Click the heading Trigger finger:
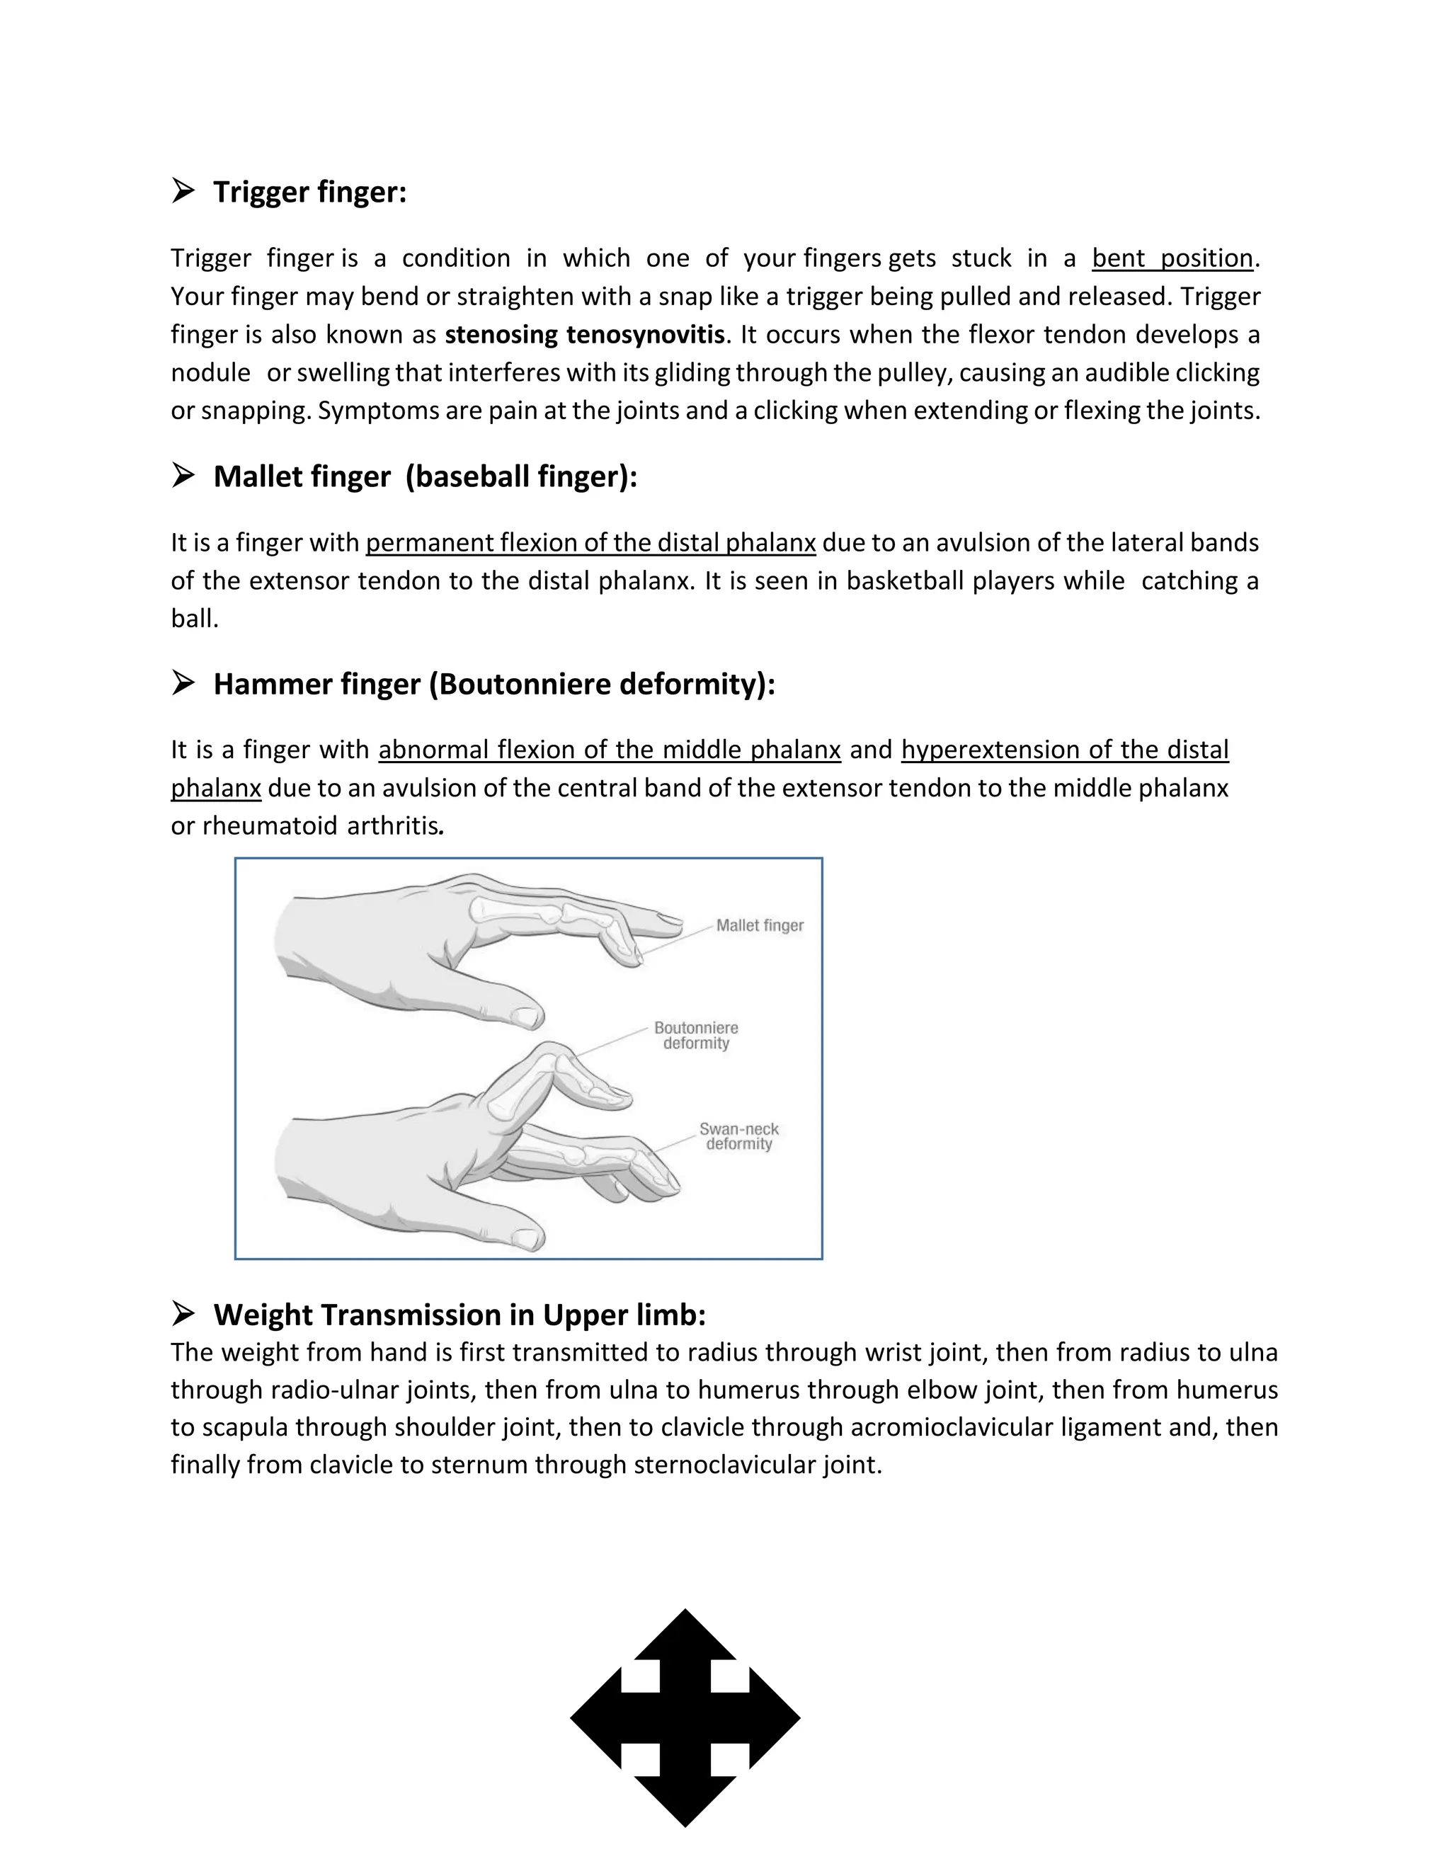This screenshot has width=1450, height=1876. (309, 192)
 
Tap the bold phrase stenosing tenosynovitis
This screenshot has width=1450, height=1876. (584, 334)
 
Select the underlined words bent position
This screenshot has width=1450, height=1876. (1172, 258)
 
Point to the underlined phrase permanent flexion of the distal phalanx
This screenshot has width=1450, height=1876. (590, 543)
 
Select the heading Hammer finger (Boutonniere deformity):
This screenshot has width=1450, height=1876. (494, 684)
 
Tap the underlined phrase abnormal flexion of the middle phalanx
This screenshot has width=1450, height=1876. (609, 750)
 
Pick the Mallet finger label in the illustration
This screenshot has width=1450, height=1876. (760, 925)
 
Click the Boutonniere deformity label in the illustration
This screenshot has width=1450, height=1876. (696, 1035)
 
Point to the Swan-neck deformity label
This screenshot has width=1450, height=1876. (738, 1136)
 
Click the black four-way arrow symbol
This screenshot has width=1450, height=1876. (685, 1717)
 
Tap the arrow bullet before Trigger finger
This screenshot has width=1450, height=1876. (183, 190)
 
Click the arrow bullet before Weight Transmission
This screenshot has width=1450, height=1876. (183, 1313)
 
